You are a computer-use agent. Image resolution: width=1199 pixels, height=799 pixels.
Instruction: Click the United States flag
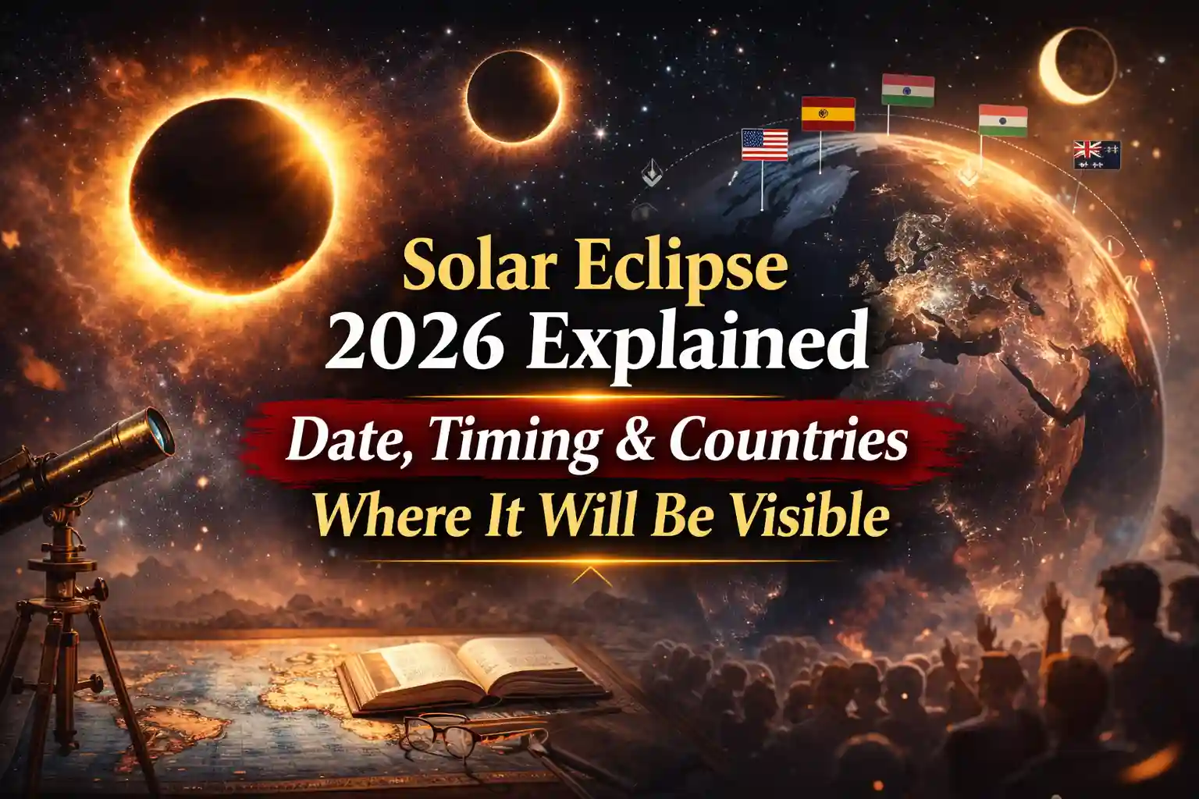pyautogui.click(x=764, y=145)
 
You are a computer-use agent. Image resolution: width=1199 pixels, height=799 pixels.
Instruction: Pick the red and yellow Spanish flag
pyautogui.click(x=828, y=114)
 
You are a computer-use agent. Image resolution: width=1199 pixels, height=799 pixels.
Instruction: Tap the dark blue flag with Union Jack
pyautogui.click(x=1097, y=154)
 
